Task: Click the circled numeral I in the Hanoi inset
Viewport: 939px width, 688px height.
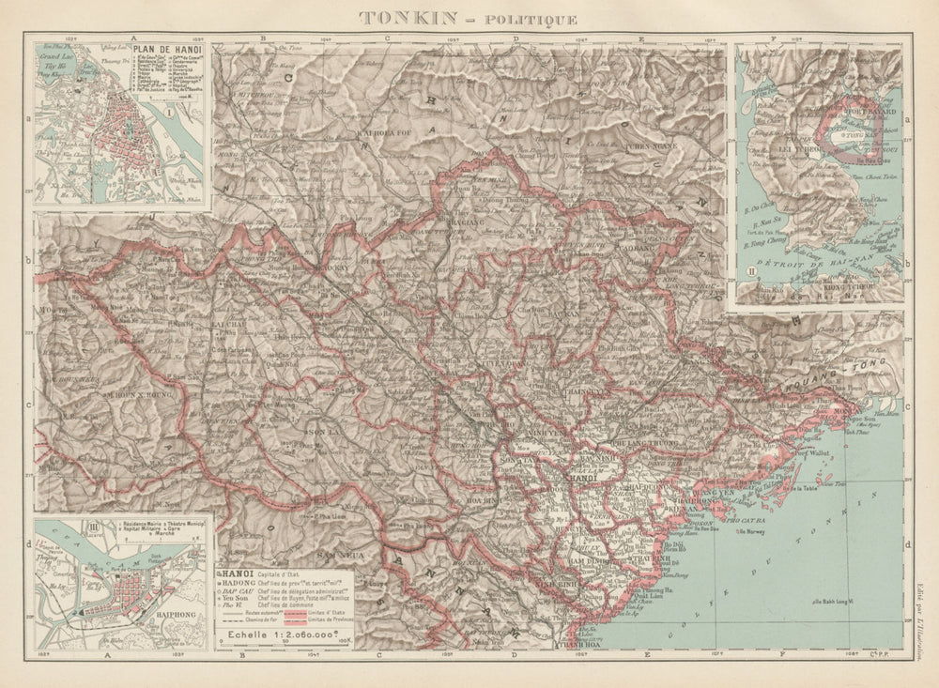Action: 169,113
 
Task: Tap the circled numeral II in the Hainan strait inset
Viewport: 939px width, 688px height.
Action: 749,273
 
